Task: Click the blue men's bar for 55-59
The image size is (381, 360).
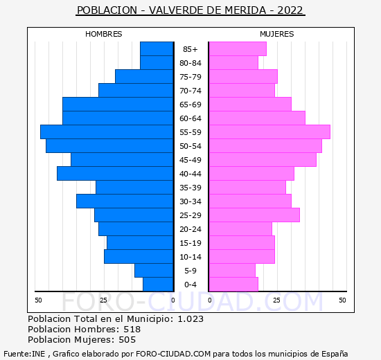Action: coord(107,132)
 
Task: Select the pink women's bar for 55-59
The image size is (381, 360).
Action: coord(269,132)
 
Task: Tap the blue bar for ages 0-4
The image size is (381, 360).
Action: coord(158,285)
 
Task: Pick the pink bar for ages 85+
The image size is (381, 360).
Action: coord(238,49)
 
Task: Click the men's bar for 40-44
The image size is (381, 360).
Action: coord(115,174)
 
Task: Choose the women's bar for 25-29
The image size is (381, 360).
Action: coord(254,215)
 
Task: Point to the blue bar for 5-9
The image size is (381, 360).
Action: coord(154,271)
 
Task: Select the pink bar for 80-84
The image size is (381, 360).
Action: coord(233,63)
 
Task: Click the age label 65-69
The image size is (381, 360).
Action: coord(190,105)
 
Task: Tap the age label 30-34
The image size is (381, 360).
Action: coord(190,201)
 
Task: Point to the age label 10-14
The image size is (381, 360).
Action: coord(190,257)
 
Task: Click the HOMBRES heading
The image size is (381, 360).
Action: coord(103,34)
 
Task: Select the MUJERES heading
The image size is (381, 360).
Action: coord(277,34)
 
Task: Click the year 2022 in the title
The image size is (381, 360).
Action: coord(290,10)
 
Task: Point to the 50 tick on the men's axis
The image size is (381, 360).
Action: coord(38,300)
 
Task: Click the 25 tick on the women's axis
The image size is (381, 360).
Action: coord(277,300)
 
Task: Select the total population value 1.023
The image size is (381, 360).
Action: coord(190,318)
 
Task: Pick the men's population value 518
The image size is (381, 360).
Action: coord(132,329)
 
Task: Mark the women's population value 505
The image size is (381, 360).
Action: coord(127,340)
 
